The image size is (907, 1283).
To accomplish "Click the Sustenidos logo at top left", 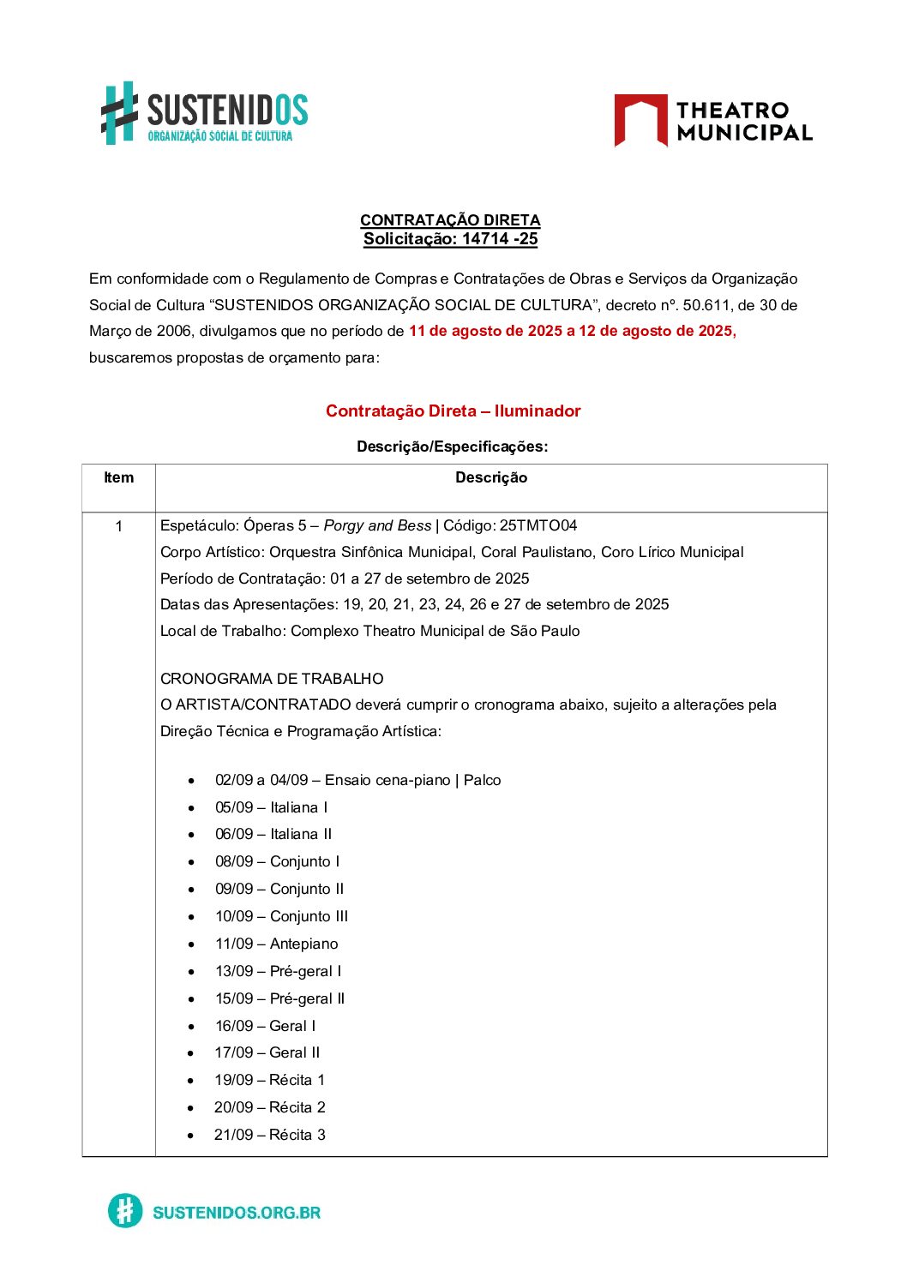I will (204, 113).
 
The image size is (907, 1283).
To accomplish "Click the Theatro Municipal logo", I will (712, 121).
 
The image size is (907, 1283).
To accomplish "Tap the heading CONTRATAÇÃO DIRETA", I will (450, 220).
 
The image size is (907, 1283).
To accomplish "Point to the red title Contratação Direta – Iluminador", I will (453, 411).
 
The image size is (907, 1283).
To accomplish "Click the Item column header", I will (118, 478).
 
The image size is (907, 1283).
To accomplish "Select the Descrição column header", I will (490, 478).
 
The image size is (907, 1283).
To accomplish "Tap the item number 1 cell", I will (118, 526).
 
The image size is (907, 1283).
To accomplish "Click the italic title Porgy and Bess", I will (377, 526).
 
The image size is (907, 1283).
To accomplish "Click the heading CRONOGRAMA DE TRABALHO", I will (272, 679).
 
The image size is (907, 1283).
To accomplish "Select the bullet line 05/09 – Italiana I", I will (271, 807).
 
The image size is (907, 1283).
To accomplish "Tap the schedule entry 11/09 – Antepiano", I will (276, 944).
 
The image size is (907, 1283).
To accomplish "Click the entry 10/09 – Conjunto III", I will (281, 916).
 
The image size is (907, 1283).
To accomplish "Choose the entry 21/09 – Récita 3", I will (269, 1135).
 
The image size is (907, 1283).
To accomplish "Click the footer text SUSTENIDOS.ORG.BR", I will (237, 1213).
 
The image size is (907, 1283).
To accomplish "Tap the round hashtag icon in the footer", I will (125, 1211).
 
